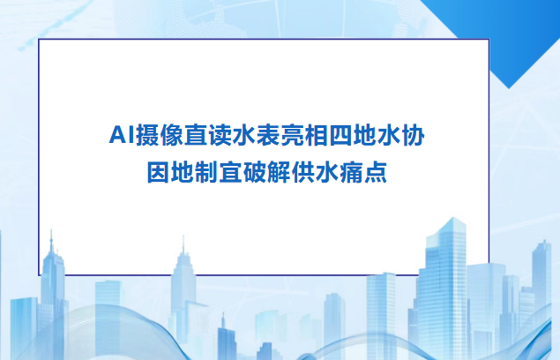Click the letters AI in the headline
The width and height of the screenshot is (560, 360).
(118, 136)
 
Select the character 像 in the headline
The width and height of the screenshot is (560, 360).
(168, 136)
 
